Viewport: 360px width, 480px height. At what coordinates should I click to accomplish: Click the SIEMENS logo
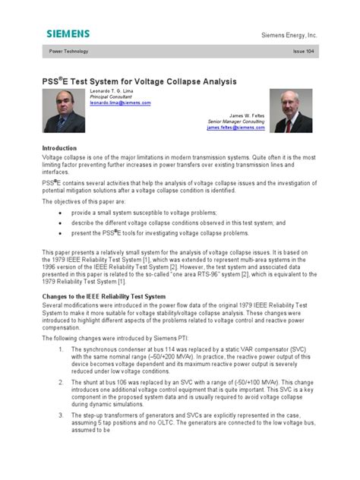point(68,33)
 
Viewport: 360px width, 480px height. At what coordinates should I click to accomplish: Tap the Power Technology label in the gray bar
point(68,51)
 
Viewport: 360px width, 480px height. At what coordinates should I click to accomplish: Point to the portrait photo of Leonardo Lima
point(65,111)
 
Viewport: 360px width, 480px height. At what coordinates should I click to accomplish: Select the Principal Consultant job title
point(111,97)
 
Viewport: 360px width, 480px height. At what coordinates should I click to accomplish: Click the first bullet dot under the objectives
point(60,214)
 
